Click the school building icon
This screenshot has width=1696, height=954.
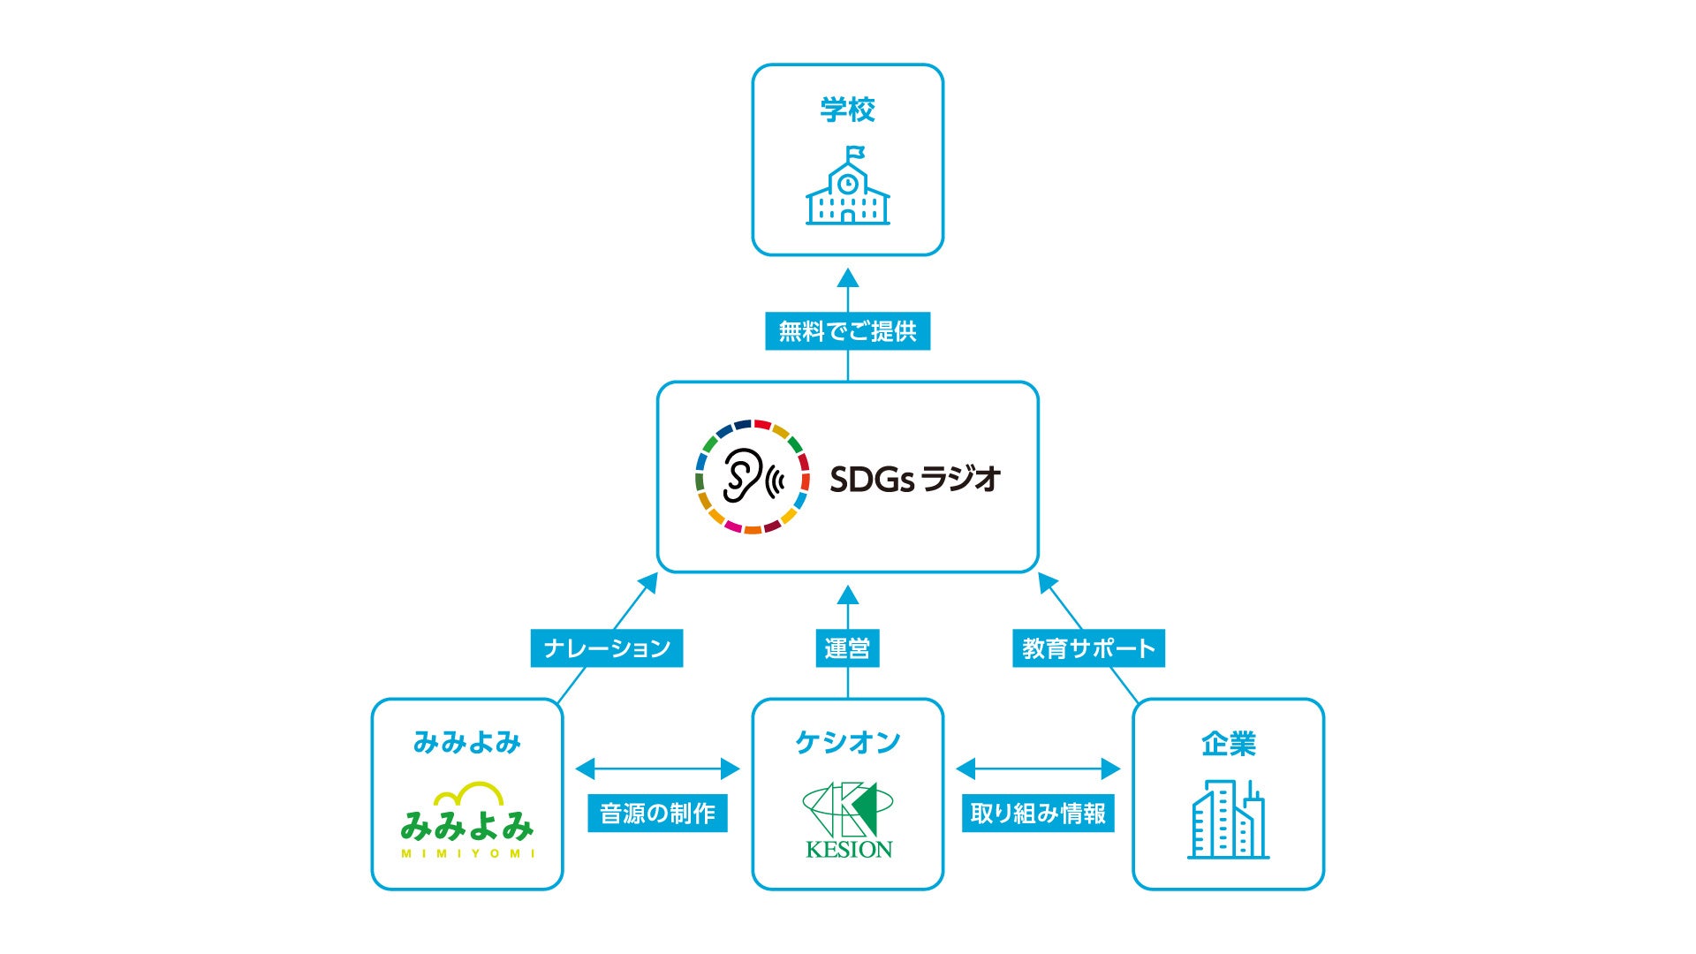point(847,190)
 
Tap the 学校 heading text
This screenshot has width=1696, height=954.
point(847,110)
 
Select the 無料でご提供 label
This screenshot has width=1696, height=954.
point(847,331)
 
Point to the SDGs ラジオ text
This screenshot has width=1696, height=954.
point(914,479)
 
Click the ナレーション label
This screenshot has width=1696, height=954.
point(607,648)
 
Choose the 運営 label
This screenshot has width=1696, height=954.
point(847,648)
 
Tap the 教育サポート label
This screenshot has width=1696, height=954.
point(1088,648)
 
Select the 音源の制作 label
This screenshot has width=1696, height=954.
point(657,814)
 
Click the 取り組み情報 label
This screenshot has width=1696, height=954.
point(1038,814)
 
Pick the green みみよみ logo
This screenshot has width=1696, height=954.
point(466,821)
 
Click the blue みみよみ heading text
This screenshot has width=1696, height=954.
point(466,743)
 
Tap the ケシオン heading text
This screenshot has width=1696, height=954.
point(847,743)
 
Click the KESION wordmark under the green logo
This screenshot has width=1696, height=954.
point(849,850)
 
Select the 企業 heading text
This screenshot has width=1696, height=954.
point(1228,745)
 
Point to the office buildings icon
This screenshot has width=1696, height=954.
point(1228,820)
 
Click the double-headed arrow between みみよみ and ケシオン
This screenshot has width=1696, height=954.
point(657,769)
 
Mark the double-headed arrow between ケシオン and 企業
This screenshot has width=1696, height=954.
point(1038,769)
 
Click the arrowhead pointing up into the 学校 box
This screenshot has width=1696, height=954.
point(848,278)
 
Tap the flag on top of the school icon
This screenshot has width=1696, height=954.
point(855,153)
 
